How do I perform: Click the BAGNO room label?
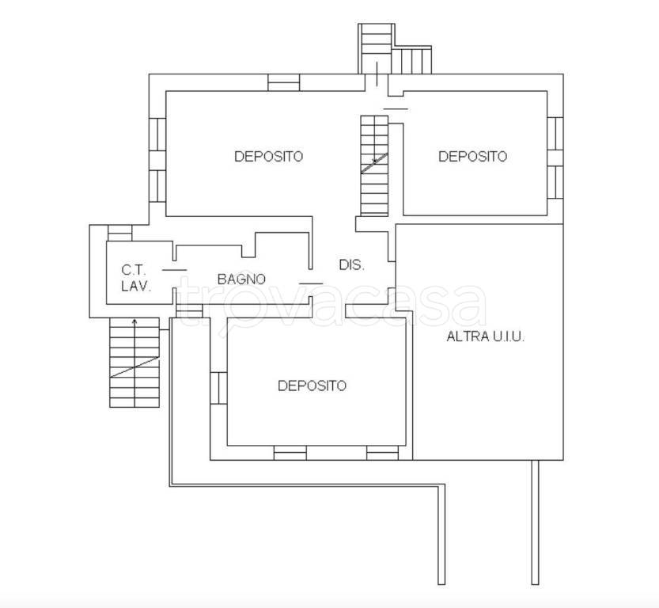coord(241,279)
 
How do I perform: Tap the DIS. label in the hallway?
coord(352,265)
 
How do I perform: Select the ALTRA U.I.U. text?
coord(486,336)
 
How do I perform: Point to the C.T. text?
coord(134,269)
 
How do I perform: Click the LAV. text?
coord(136,287)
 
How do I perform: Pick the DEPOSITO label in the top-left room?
coord(268,157)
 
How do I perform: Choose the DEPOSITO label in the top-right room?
coord(473,157)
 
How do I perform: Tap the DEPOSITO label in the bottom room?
coord(312,386)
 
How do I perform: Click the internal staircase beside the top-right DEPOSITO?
coord(374,165)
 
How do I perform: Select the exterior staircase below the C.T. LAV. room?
coord(134,363)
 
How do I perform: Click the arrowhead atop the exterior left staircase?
coord(134,321)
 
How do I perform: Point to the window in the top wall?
coord(284,82)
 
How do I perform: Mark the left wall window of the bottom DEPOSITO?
coord(218,388)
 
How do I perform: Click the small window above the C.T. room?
coord(120,233)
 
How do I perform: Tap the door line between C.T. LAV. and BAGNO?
coord(174,270)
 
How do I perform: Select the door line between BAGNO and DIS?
coord(311,283)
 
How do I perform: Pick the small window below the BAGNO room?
coord(189,310)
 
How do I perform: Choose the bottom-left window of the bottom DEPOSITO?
coord(290,453)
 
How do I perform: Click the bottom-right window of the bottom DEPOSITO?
coord(382,453)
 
